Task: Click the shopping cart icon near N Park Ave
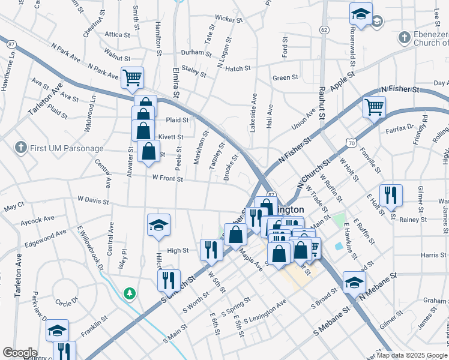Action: tap(132, 77)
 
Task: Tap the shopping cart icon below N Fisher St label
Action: tap(374, 107)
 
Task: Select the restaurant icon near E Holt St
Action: tap(391, 194)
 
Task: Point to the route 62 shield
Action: tap(324, 29)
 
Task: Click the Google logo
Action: tap(19, 353)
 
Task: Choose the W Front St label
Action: tap(167, 178)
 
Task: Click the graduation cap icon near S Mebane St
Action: tap(354, 281)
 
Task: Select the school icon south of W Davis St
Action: tap(158, 224)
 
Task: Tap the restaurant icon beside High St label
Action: tap(211, 248)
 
